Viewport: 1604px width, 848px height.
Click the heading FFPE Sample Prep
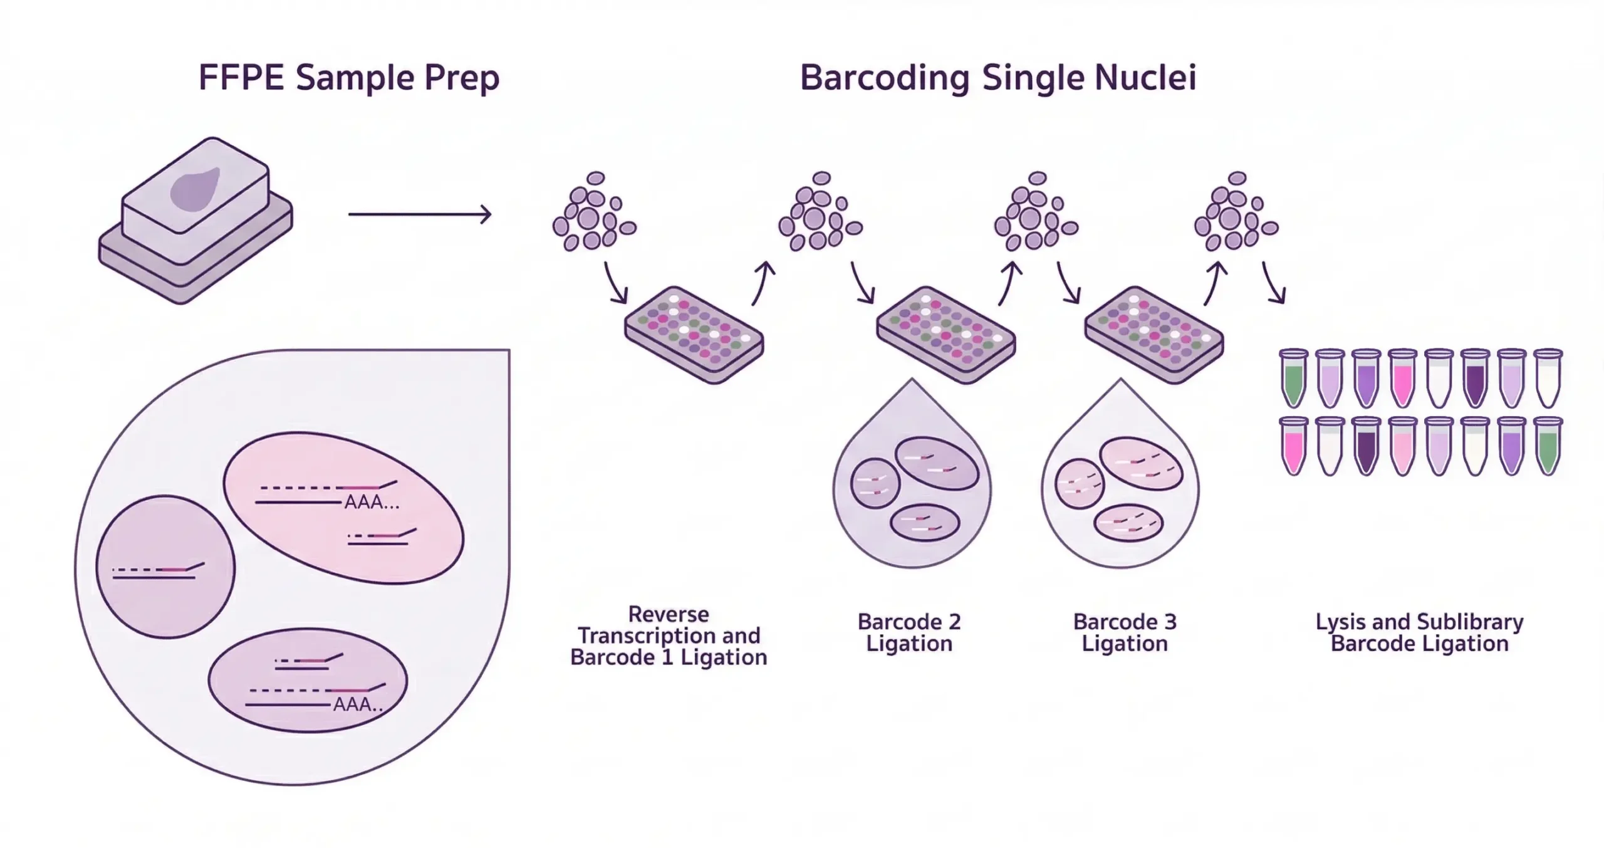coord(348,78)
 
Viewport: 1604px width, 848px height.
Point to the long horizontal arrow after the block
coord(419,214)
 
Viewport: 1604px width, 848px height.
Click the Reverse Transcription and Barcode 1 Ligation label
coord(669,636)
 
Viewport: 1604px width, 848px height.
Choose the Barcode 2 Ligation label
coord(909,632)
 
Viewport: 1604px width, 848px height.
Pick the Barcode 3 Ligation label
coord(1125,632)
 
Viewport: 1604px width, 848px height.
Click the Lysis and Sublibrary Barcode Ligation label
coord(1419,632)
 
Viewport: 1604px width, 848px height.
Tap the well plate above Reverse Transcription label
coord(694,335)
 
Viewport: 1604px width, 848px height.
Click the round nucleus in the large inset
coord(165,567)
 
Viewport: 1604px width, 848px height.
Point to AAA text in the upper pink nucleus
coord(372,503)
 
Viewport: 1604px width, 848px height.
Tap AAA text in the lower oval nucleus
coord(358,704)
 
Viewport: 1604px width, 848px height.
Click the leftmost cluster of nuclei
coord(593,213)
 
